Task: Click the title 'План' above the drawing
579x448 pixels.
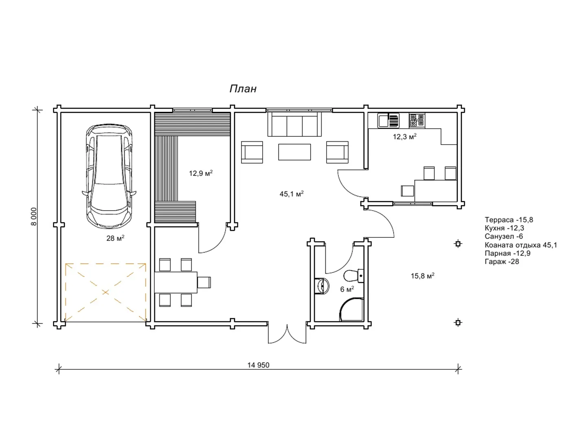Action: [x=243, y=89]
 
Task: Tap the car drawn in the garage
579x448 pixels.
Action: [x=109, y=176]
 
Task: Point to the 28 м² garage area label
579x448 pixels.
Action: [x=115, y=238]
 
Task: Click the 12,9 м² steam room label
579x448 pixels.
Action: [x=201, y=173]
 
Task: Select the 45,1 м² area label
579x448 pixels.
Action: [x=292, y=194]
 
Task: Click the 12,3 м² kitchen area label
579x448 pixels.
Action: [x=404, y=136]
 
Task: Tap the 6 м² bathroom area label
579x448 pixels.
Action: [x=347, y=289]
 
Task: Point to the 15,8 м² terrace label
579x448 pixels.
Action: [x=422, y=276]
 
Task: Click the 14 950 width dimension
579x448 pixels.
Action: [x=258, y=365]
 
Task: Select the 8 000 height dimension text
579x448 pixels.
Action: [x=34, y=216]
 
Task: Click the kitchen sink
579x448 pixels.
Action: [x=388, y=120]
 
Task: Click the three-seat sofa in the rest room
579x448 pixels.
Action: [x=294, y=124]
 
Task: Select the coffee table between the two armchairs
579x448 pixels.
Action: [x=294, y=152]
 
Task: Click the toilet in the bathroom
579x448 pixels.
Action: [x=353, y=276]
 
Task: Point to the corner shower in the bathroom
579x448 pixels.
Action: [x=351, y=310]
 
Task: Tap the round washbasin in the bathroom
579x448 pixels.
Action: [x=322, y=286]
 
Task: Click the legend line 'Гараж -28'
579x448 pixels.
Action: [x=502, y=261]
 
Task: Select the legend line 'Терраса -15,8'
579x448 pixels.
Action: [x=509, y=220]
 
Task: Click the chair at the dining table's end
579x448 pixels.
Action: [x=204, y=282]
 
